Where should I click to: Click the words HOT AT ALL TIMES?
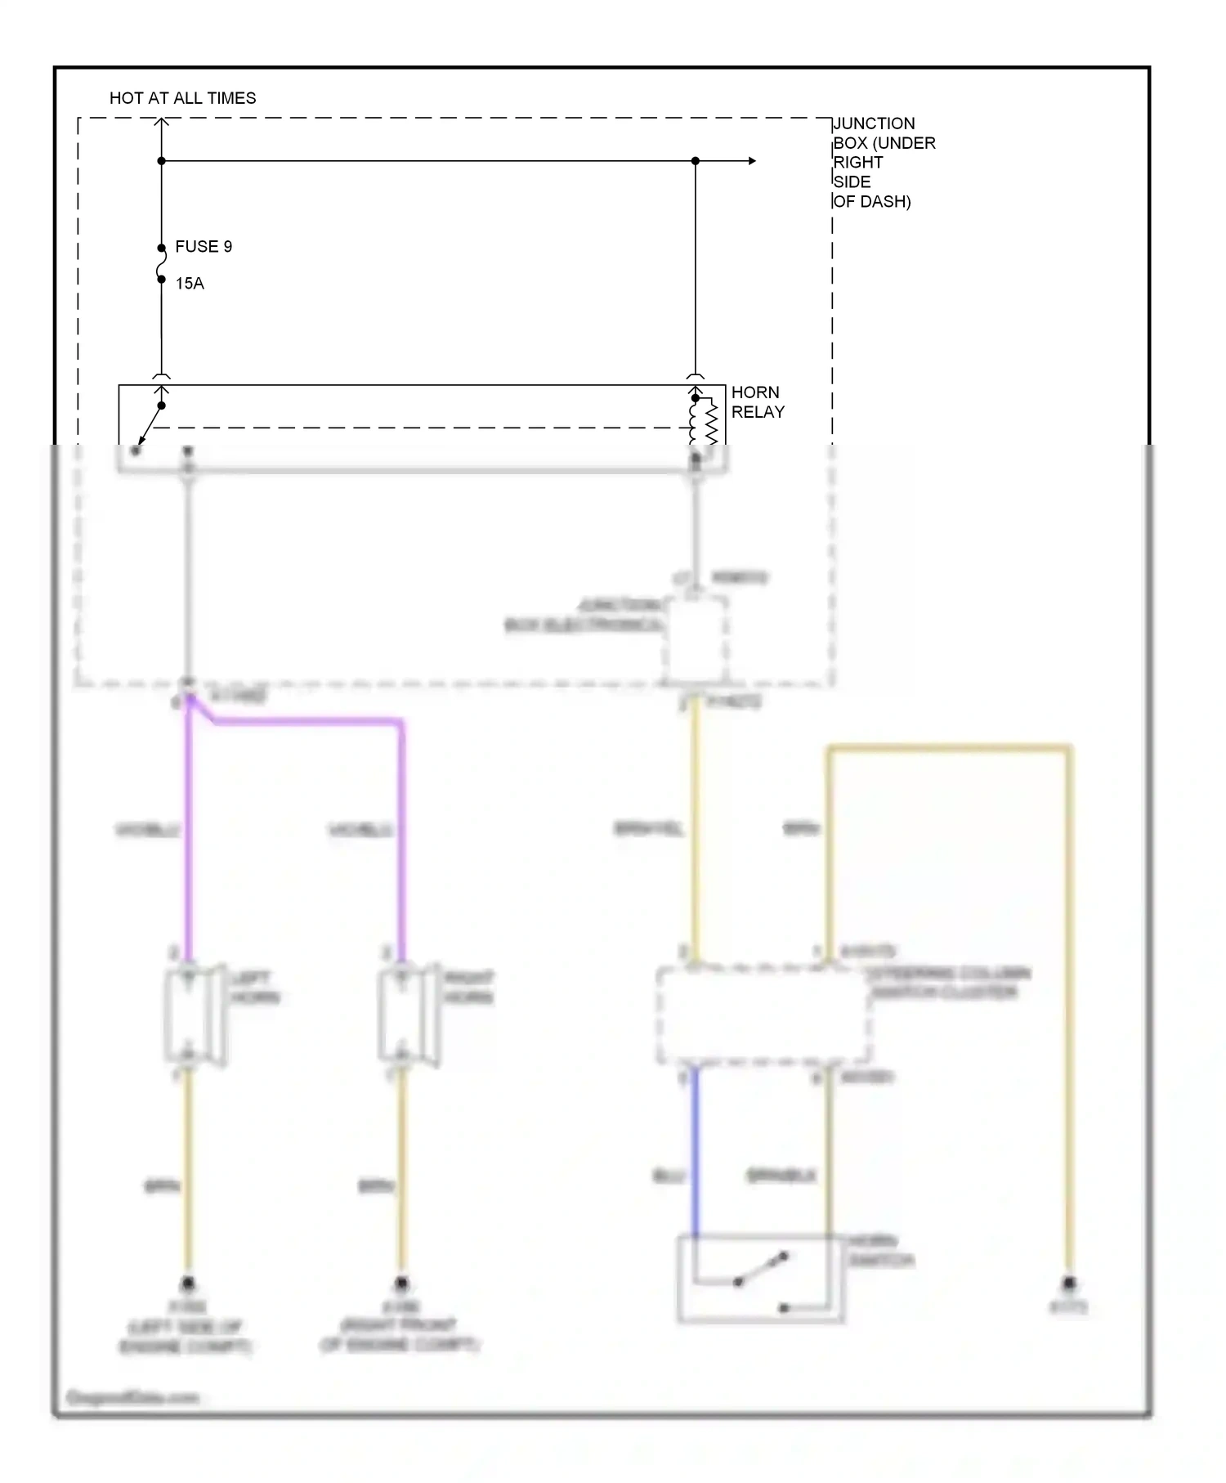[x=182, y=98]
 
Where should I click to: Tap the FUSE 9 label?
[x=204, y=246]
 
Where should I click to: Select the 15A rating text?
[x=190, y=283]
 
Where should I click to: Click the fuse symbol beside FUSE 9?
[x=162, y=264]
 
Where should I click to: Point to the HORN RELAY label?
[x=757, y=402]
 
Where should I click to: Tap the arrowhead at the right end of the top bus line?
[x=751, y=161]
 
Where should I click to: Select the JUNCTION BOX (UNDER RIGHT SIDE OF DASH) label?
[x=883, y=162]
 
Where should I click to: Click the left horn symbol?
[x=194, y=1015]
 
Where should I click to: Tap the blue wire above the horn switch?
[x=696, y=1153]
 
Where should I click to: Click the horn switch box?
[x=759, y=1279]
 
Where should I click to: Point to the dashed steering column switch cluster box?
[x=763, y=1015]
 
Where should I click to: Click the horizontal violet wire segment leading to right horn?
[x=311, y=722]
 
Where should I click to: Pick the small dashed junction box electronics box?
[x=696, y=638]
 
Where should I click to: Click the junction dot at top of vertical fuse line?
[x=162, y=161]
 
